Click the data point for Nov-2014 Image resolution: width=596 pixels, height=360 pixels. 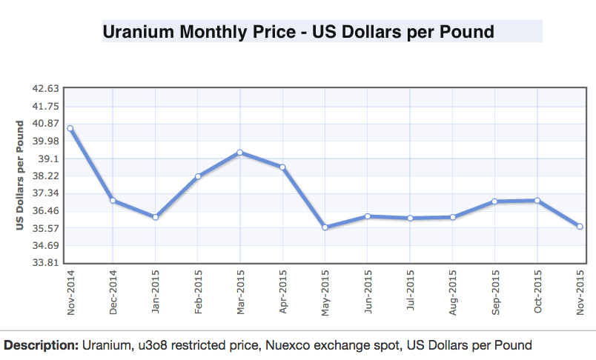click(70, 128)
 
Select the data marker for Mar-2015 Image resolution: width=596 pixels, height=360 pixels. click(240, 153)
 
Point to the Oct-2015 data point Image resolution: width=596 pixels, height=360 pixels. click(537, 200)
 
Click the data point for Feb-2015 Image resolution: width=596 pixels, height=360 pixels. click(198, 176)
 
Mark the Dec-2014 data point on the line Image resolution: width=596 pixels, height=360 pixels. click(113, 200)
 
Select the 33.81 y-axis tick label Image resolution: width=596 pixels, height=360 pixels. click(46, 263)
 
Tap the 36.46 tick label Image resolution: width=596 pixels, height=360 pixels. click(46, 211)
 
